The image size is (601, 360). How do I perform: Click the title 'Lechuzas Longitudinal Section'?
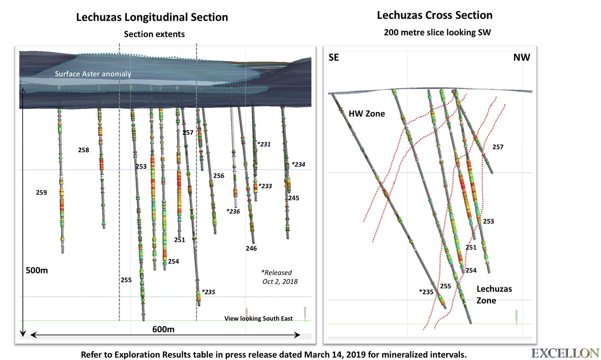coord(152,17)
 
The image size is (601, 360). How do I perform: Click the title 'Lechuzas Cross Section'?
coord(435,15)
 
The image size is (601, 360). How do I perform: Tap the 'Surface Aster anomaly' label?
coord(93,74)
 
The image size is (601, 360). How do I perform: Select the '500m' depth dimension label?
coord(36,271)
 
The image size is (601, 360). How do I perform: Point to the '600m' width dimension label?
coord(163,330)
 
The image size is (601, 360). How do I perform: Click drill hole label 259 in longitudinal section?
coord(41,193)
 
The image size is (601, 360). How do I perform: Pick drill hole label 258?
coord(83,150)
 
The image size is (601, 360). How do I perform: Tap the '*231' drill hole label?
coord(264,144)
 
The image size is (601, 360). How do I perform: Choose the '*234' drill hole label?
coord(298,165)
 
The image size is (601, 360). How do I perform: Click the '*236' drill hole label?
coord(233,212)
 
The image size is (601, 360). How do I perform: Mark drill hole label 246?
coord(251,248)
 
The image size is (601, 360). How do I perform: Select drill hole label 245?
coord(294,198)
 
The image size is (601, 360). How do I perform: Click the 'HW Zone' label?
coord(367,114)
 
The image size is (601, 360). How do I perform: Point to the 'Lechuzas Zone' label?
coord(494,295)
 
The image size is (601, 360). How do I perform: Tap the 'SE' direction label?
coord(334,57)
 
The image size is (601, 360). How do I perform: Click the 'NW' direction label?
coord(521,57)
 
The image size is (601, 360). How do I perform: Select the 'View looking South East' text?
coord(258,319)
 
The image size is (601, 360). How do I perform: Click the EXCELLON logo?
coord(565,353)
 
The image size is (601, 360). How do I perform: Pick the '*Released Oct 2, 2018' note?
coord(279,277)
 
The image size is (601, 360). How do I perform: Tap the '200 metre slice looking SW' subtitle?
coord(437,33)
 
